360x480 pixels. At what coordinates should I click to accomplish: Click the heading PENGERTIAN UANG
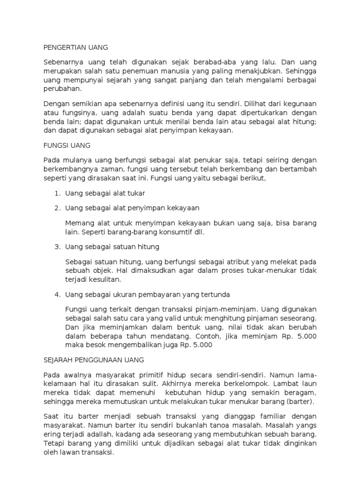point(75,47)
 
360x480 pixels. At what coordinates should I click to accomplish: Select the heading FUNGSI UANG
point(67,145)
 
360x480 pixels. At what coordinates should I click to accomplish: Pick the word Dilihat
point(256,104)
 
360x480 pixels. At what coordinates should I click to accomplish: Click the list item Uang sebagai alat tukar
point(105,193)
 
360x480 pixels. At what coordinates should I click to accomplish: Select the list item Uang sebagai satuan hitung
point(112,247)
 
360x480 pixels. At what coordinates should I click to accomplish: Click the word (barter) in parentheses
point(300,402)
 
